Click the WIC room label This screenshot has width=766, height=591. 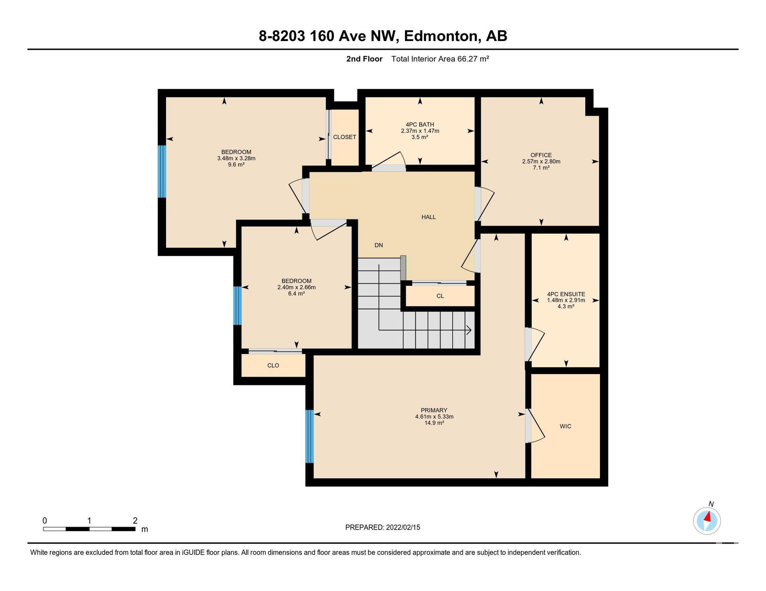[565, 426]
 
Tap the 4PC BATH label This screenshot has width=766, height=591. [420, 124]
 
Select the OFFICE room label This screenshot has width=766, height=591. [541, 155]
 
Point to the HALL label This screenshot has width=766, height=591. [428, 217]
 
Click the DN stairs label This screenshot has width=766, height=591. [379, 245]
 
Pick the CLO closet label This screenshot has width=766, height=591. [273, 365]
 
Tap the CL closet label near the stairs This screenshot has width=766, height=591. [440, 296]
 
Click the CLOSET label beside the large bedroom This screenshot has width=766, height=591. [344, 137]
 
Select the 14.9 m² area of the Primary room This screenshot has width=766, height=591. [434, 423]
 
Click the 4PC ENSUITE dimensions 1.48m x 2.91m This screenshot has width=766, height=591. [566, 300]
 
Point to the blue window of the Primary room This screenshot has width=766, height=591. [309, 436]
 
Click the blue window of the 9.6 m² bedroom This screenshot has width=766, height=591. [162, 171]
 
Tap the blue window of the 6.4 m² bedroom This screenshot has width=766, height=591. [237, 306]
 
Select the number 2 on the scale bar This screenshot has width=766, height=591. [135, 520]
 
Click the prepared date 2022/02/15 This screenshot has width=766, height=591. [403, 527]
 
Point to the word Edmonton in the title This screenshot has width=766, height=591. [441, 36]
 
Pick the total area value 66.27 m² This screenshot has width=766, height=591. [473, 59]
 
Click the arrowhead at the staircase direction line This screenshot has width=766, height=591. [469, 330]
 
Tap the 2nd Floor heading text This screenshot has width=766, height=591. [364, 59]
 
